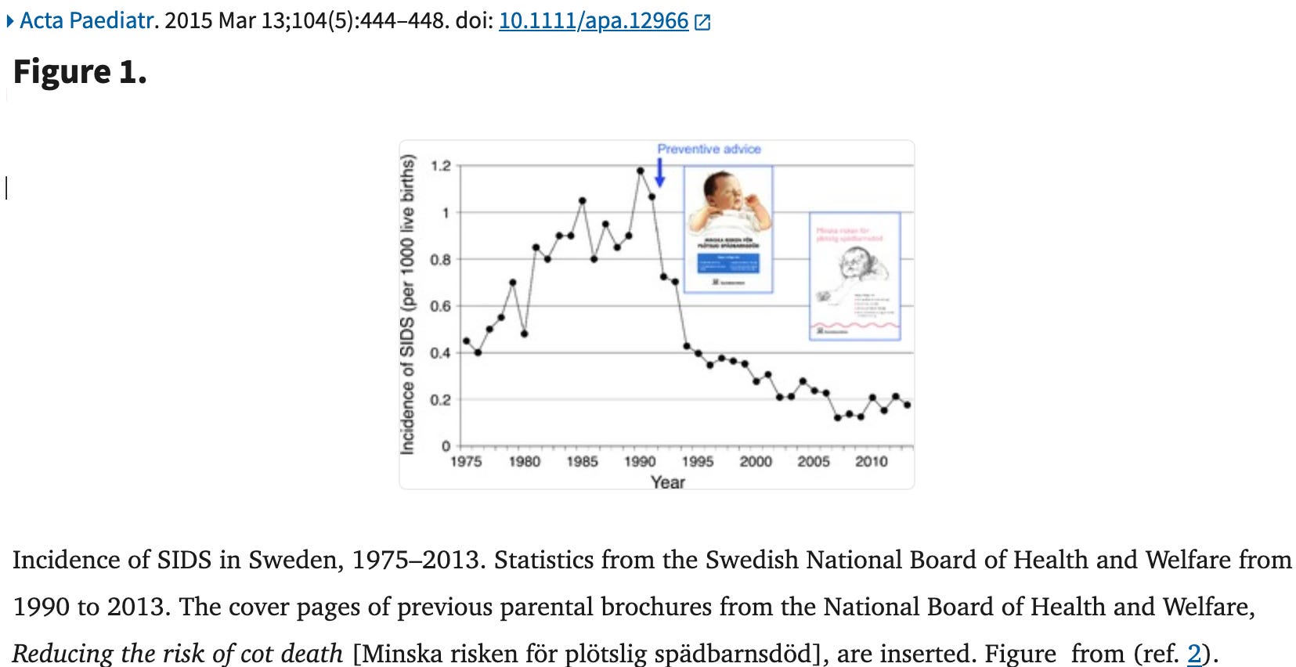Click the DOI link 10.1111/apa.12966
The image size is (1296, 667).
[593, 20]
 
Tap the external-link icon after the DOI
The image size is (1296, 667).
[702, 22]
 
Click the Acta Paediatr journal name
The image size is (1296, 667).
[86, 20]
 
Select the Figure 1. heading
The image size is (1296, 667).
[80, 72]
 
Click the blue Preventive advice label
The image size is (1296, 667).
[709, 149]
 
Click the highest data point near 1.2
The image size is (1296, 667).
[640, 170]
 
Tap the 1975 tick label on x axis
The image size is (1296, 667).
[466, 462]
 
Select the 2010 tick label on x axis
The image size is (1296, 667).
[871, 462]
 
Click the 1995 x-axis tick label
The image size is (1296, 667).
[697, 462]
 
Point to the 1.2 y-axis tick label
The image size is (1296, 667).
[441, 166]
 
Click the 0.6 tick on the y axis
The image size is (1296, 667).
[441, 306]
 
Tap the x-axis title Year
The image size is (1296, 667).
[667, 482]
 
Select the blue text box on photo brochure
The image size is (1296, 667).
[727, 261]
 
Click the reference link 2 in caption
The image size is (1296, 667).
[1193, 653]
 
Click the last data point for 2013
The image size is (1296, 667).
[907, 405]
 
